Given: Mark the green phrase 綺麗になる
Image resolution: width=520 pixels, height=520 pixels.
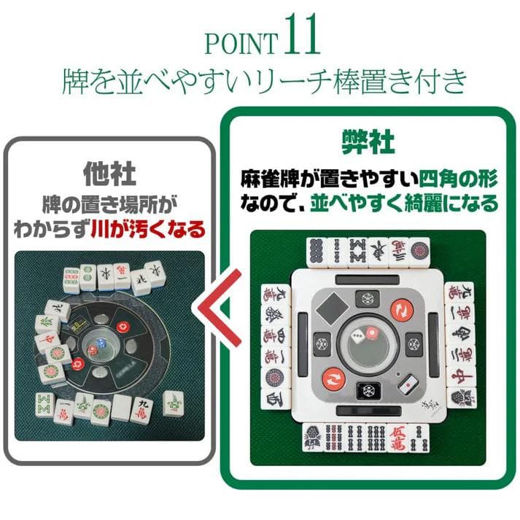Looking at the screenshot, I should coord(453,202).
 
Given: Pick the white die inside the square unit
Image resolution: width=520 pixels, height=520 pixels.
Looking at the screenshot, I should coord(359,335).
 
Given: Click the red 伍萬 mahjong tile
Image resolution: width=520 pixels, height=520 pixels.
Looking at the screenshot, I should coord(404,435).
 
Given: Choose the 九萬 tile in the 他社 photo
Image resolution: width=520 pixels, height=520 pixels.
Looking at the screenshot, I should coord(141,408).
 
